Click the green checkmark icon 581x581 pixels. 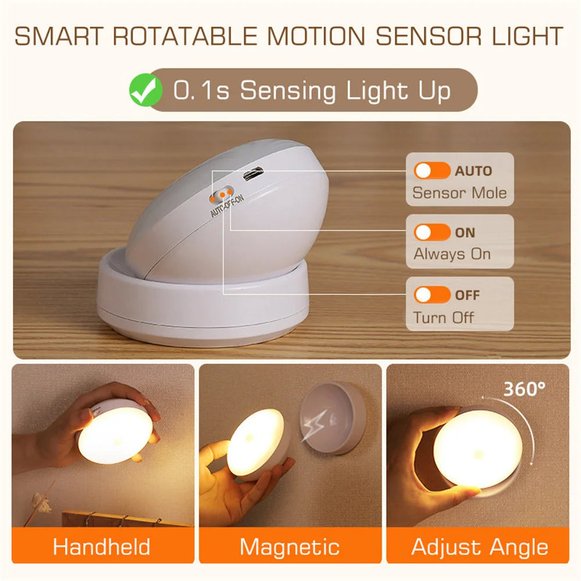[x=146, y=91]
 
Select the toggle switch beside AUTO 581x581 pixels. [x=432, y=171]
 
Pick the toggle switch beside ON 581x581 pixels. [x=432, y=232]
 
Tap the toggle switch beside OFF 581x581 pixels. [x=432, y=295]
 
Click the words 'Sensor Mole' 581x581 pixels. [x=460, y=192]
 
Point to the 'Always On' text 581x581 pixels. [x=452, y=254]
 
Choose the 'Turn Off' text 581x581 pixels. [x=443, y=317]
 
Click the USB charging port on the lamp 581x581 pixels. [x=252, y=174]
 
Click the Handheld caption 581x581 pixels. [x=102, y=547]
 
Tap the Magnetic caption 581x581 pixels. [x=290, y=547]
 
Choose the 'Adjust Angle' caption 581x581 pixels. [x=479, y=547]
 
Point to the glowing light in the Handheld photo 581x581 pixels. [x=116, y=435]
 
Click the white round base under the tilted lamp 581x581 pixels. [x=203, y=314]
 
